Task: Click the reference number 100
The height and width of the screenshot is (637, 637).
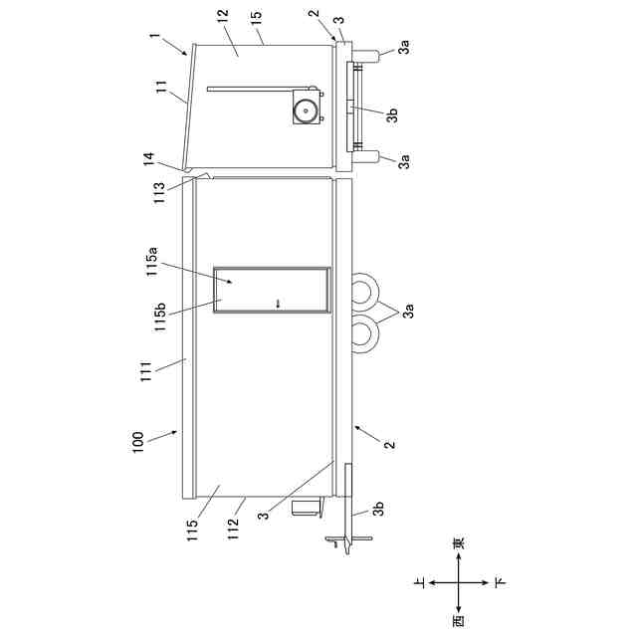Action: [138, 442]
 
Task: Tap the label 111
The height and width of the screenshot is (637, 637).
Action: [146, 371]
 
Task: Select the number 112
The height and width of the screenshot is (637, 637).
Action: [233, 530]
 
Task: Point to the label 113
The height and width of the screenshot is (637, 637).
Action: [159, 193]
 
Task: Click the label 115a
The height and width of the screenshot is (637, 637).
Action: [152, 261]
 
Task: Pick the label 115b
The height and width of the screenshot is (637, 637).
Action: [160, 317]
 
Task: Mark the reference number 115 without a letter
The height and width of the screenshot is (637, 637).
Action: [192, 531]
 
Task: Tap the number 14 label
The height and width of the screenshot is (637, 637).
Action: [148, 159]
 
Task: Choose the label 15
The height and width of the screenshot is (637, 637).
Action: [257, 18]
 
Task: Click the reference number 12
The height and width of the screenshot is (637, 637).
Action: [223, 17]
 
